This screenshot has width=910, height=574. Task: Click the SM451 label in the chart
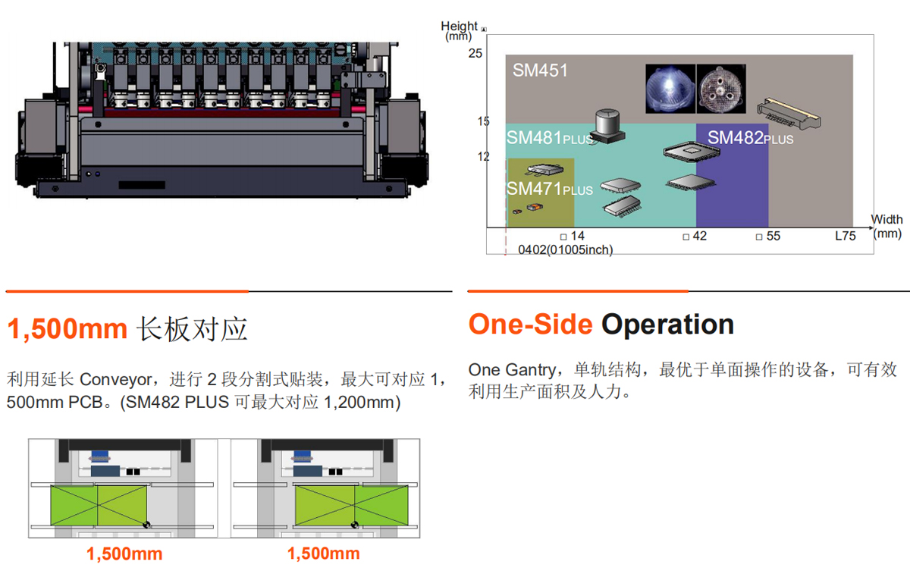click(x=540, y=71)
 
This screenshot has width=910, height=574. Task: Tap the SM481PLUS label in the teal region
click(x=550, y=138)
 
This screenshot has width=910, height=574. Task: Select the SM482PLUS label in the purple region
click(x=750, y=138)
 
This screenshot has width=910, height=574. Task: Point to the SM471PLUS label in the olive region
click(x=550, y=189)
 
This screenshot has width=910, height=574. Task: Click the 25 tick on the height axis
click(x=475, y=53)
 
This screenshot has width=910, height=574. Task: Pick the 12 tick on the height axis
click(x=484, y=157)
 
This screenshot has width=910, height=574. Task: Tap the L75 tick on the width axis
click(x=845, y=236)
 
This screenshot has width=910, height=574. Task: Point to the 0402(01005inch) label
click(x=565, y=249)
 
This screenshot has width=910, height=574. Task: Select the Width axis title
click(x=886, y=220)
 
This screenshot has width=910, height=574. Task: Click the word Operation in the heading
click(x=667, y=325)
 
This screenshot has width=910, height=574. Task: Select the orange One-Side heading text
click(x=530, y=325)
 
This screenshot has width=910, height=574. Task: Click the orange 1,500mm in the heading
click(x=67, y=329)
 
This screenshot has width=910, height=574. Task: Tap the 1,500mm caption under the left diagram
click(x=124, y=554)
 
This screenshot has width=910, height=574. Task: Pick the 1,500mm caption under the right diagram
click(x=323, y=554)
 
